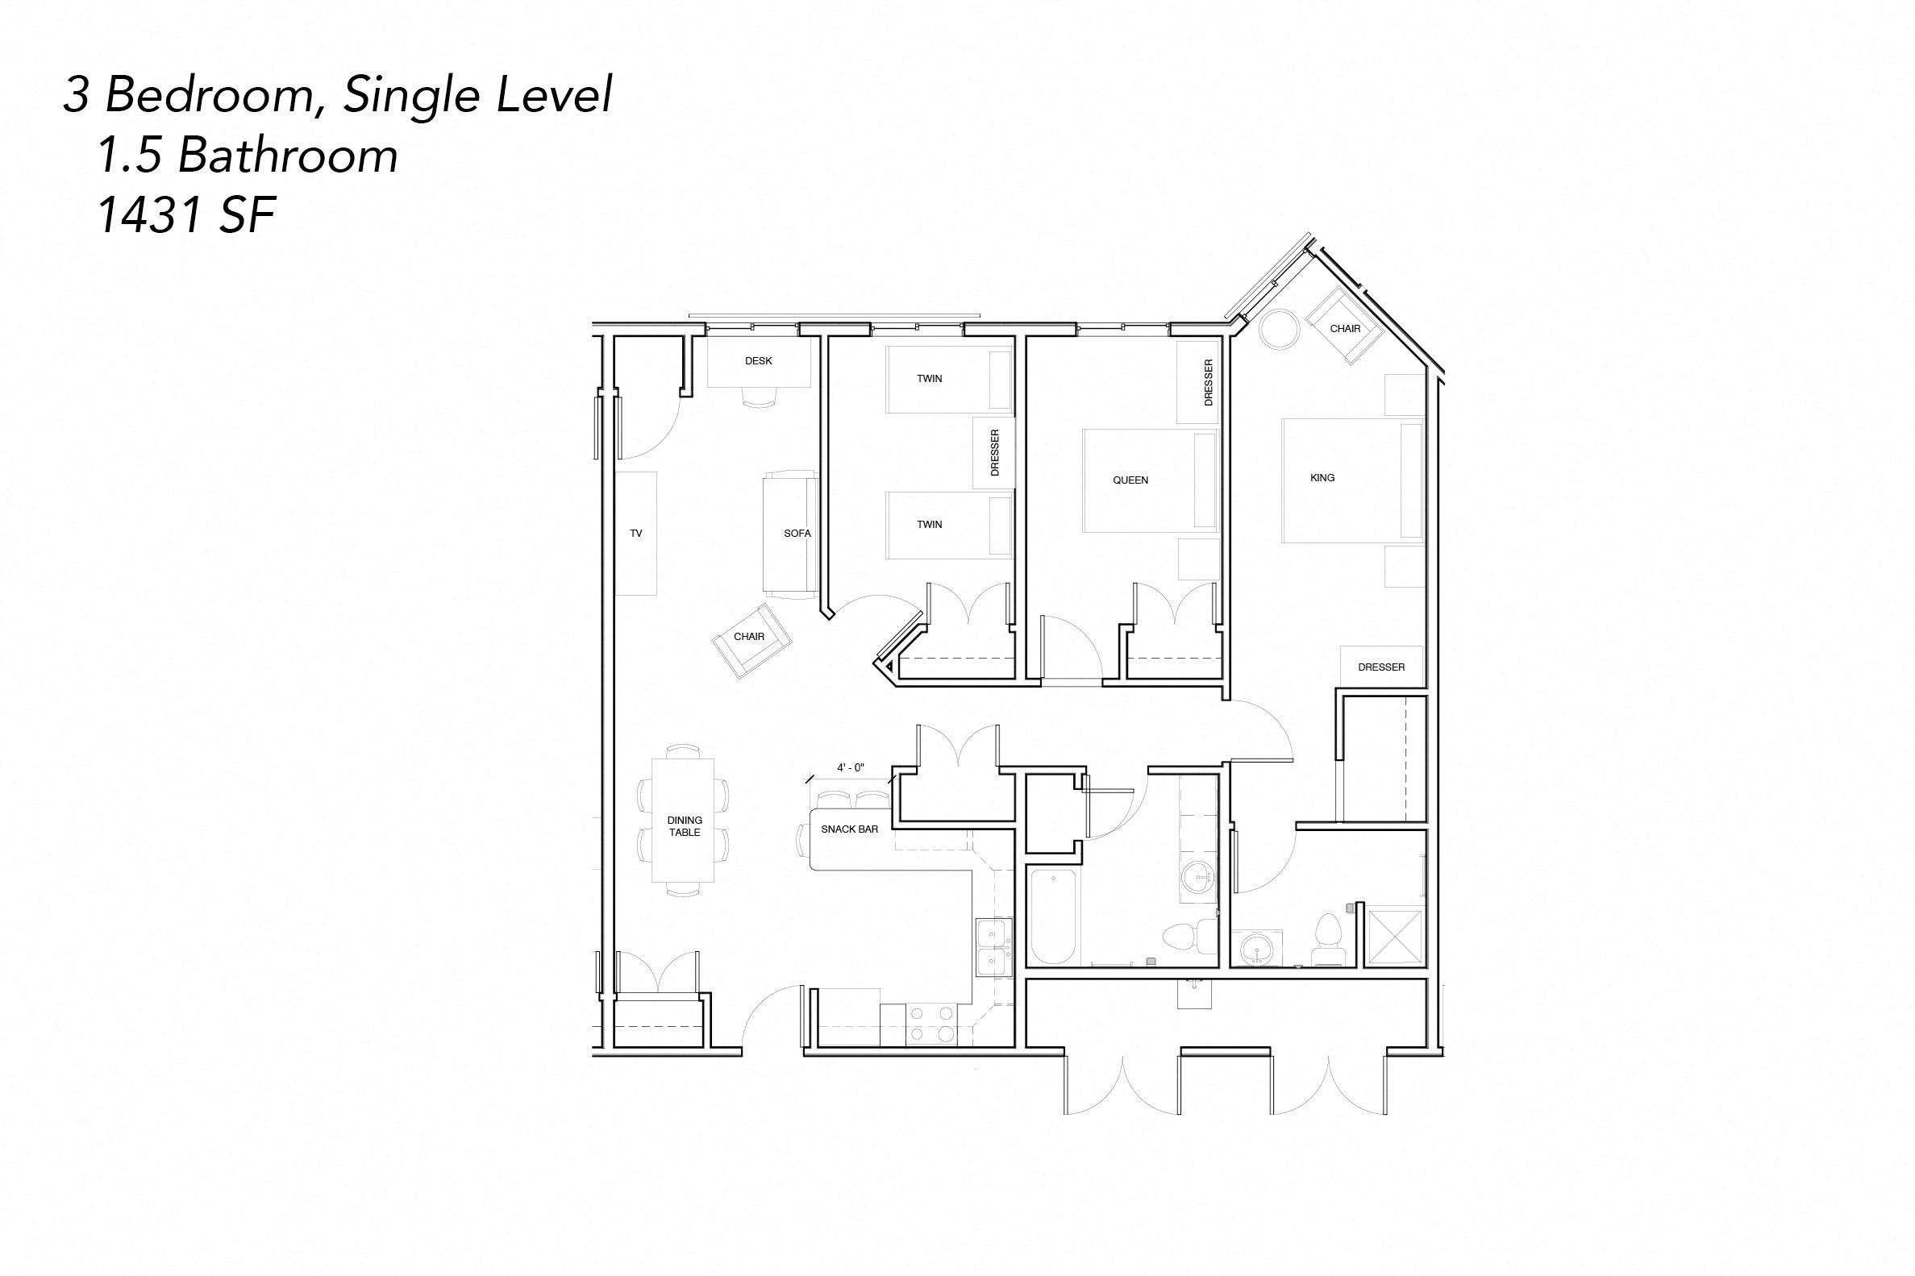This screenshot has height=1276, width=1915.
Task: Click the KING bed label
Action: (1322, 478)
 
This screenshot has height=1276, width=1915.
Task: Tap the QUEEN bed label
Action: (1130, 480)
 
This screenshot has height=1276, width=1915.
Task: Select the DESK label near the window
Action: (758, 360)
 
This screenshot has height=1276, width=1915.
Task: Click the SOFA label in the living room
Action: (797, 533)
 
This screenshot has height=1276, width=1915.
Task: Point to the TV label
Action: (635, 533)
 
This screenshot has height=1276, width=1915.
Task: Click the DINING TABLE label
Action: (684, 826)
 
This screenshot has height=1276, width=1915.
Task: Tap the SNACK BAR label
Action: (849, 829)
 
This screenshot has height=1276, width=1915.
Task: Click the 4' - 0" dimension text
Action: (850, 767)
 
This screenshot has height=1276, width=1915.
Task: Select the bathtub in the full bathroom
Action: (1054, 916)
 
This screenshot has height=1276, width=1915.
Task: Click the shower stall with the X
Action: (1395, 937)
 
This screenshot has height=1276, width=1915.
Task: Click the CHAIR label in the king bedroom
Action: (1344, 329)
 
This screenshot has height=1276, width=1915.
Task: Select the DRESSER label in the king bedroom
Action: (1380, 667)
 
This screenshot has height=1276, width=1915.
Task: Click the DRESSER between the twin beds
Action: (993, 452)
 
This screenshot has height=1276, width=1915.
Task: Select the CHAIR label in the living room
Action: (748, 636)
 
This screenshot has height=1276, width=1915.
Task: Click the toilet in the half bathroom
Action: (1328, 943)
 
